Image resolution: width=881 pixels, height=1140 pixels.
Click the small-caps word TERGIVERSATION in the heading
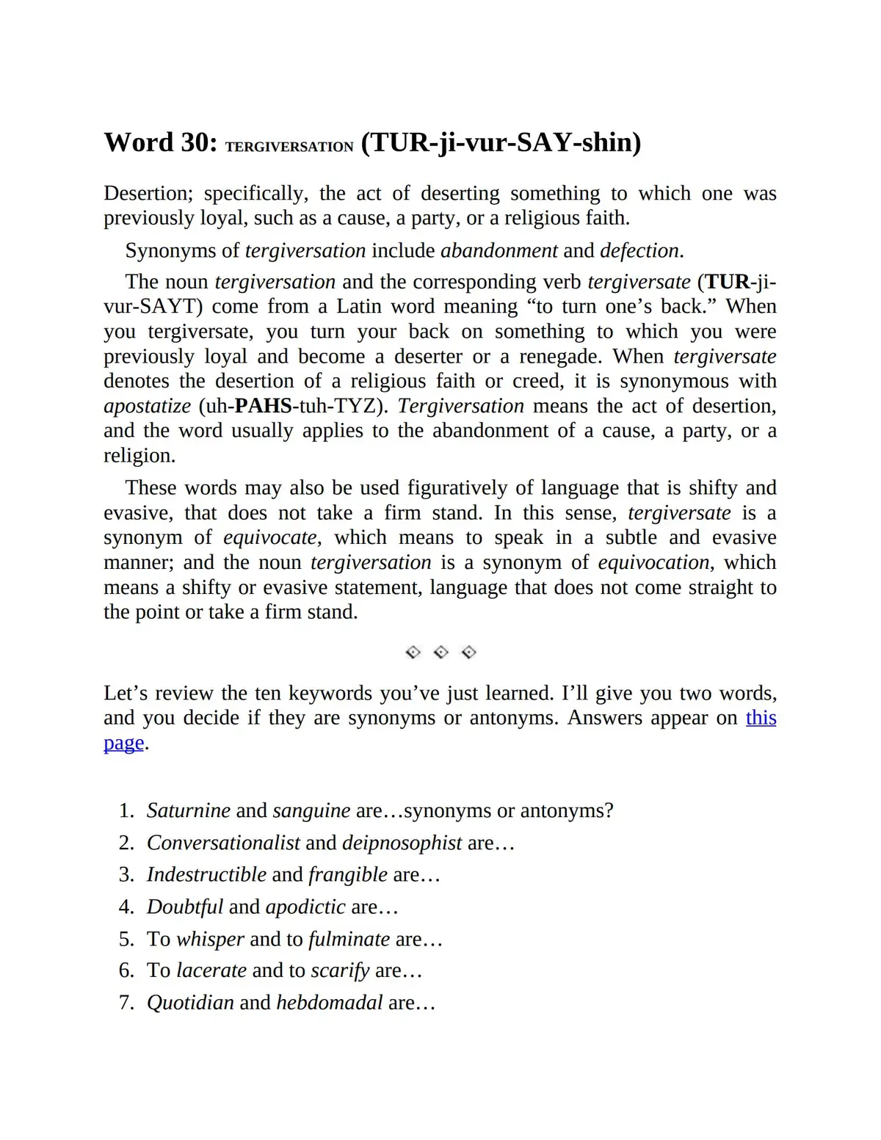click(289, 147)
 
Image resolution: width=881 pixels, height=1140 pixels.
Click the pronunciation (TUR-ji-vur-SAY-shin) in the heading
click(501, 142)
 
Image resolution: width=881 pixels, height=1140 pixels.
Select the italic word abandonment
click(498, 250)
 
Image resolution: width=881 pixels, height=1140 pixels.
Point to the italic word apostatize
click(148, 406)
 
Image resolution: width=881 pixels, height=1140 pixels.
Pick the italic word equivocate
click(270, 537)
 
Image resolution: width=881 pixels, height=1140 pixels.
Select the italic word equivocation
click(653, 562)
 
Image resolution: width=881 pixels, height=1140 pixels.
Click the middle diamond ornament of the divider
click(440, 652)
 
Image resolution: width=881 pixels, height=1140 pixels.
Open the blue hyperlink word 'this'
click(761, 717)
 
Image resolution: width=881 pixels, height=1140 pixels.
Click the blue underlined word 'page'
click(123, 742)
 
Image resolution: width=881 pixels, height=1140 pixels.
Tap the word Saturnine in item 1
click(189, 810)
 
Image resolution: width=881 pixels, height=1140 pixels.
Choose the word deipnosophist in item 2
click(402, 843)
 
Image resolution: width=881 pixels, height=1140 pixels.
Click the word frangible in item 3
click(347, 874)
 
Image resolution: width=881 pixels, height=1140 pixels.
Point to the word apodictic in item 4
click(305, 907)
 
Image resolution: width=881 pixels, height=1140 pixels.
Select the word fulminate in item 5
click(349, 939)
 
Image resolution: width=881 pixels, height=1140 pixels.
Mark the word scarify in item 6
click(340, 970)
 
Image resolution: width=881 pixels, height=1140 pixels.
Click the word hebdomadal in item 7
click(329, 1003)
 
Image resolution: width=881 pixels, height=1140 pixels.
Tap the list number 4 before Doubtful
click(126, 907)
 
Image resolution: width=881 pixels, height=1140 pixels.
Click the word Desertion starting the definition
click(148, 193)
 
